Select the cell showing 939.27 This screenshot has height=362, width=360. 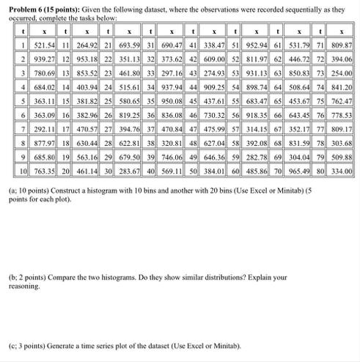point(33,58)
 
